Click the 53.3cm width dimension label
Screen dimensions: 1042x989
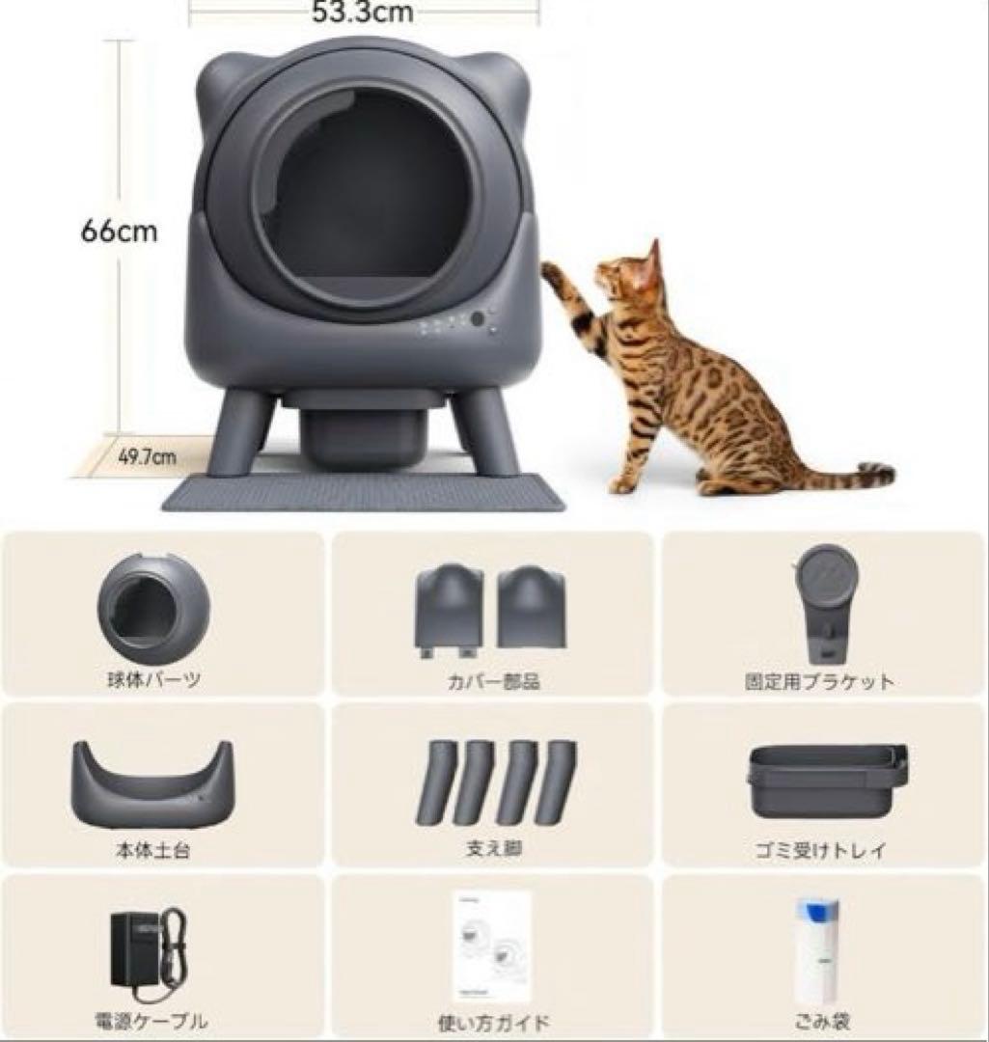pos(362,13)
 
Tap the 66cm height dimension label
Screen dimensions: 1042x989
pos(119,233)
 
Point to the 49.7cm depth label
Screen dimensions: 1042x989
pos(147,456)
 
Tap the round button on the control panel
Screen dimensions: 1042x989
pos(478,318)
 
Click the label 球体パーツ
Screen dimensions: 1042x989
pos(154,680)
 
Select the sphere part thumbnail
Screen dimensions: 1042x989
pos(152,606)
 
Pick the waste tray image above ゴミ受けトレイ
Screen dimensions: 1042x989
pos(827,780)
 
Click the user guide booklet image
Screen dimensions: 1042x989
pos(492,946)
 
